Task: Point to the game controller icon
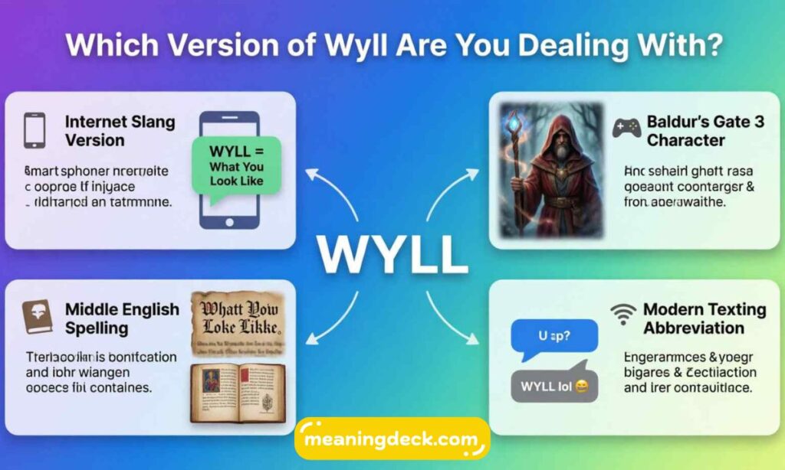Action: tap(626, 128)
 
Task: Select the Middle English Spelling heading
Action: tap(121, 318)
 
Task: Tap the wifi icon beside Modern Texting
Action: tap(623, 313)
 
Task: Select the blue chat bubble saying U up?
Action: tap(554, 337)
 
